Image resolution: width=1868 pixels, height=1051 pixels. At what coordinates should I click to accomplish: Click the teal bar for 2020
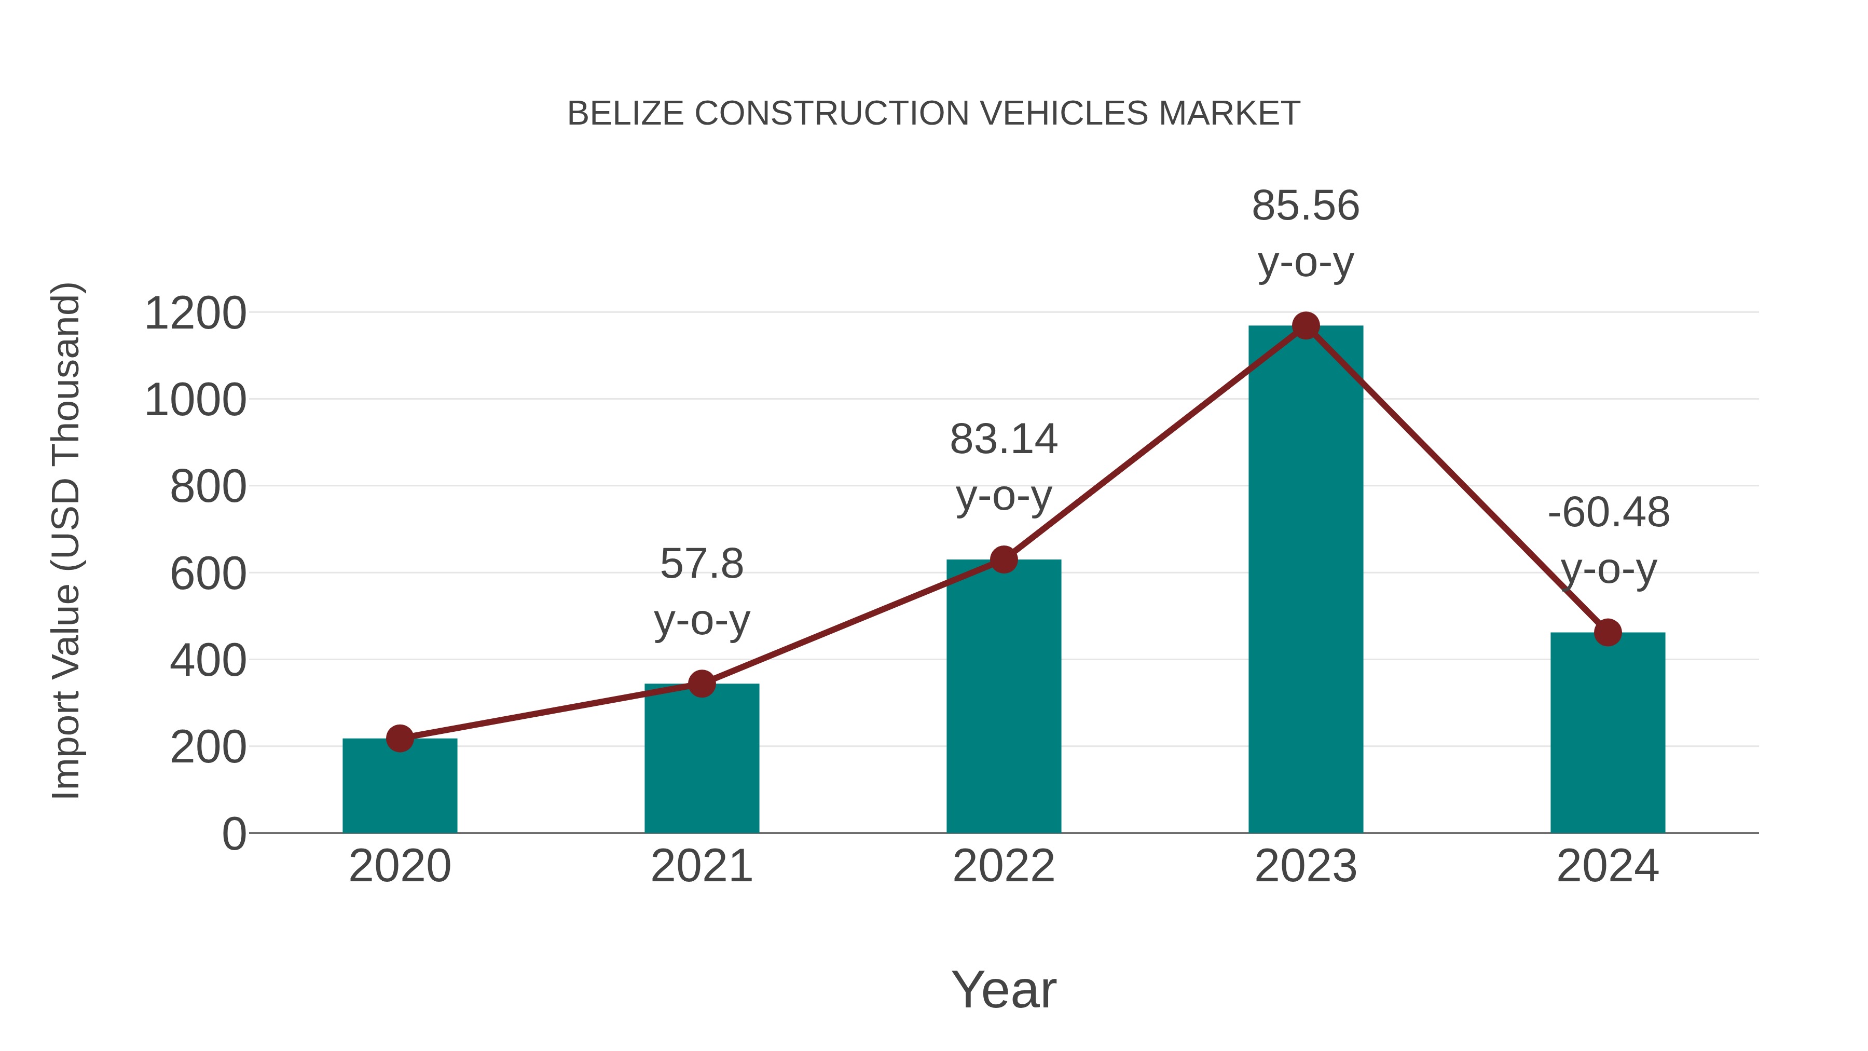400,787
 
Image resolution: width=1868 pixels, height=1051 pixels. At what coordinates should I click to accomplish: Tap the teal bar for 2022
1004,697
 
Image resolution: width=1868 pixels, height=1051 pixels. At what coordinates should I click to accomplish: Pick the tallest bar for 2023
1306,580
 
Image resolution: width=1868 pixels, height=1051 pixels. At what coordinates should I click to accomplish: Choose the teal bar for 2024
1608,732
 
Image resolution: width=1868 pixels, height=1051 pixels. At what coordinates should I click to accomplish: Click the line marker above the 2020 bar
400,739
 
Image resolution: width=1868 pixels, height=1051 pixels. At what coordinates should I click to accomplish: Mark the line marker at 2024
1608,633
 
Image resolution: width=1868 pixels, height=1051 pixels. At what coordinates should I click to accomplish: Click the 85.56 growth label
1306,206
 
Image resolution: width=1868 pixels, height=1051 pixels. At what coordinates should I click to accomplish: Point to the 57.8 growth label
701,564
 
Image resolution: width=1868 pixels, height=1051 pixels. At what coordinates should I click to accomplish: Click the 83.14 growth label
1004,440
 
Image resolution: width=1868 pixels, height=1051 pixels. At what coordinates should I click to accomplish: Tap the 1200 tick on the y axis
195,314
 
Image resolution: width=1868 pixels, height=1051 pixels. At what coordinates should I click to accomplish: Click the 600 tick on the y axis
208,575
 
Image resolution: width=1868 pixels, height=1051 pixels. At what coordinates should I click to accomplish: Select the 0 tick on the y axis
233,834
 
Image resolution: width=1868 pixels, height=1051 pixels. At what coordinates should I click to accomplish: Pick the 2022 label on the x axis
1004,866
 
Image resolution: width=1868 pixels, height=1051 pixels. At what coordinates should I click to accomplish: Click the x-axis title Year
1004,990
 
